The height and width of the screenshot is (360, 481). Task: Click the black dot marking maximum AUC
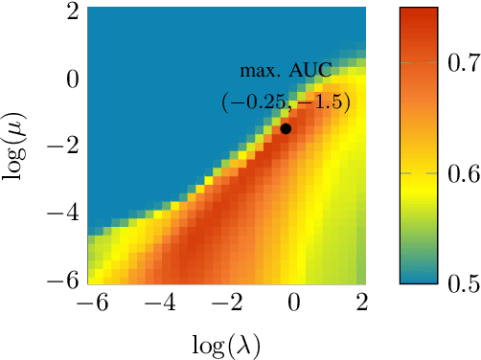click(286, 128)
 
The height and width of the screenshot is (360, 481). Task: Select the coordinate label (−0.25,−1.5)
click(285, 101)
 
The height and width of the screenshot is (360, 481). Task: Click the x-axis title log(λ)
click(226, 343)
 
